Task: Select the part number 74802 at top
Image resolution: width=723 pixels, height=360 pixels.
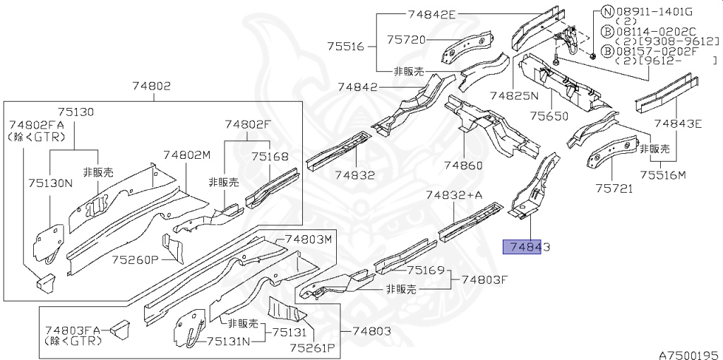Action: click(151, 86)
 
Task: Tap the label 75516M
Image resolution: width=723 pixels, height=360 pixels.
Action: click(663, 175)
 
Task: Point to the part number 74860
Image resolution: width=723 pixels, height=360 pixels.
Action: click(463, 166)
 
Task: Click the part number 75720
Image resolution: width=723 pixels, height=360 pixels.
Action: click(406, 40)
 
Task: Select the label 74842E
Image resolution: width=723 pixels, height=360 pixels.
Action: click(432, 14)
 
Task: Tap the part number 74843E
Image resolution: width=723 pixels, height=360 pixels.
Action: click(678, 124)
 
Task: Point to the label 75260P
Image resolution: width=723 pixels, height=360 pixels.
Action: click(135, 260)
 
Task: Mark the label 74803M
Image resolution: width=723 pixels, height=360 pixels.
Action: click(309, 239)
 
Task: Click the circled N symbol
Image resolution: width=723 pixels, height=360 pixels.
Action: click(607, 11)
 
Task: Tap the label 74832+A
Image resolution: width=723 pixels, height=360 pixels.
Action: click(454, 195)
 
